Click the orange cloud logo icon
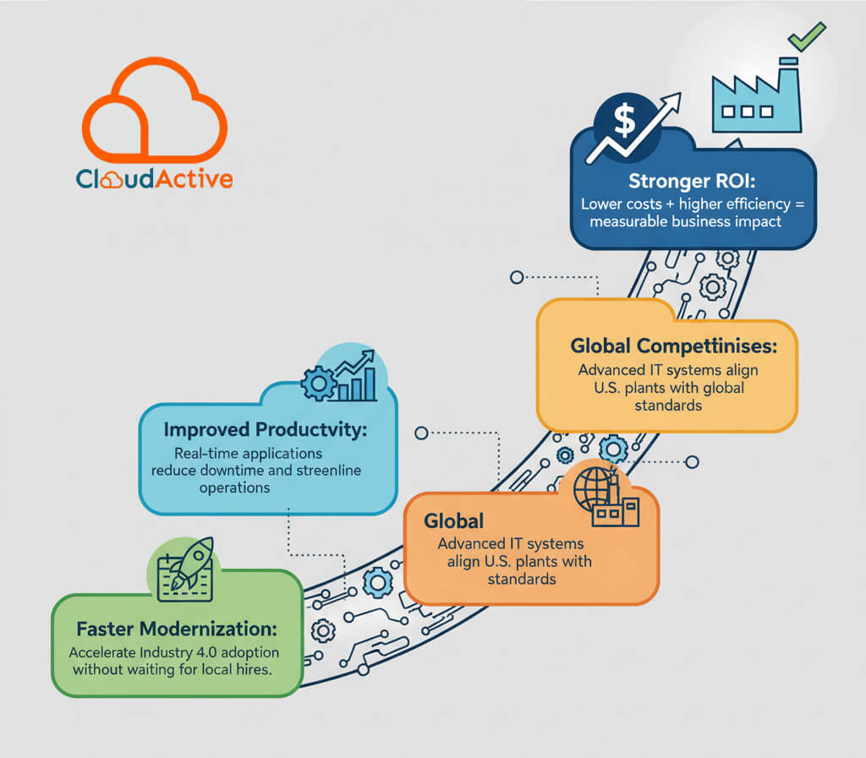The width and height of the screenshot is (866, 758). click(154, 114)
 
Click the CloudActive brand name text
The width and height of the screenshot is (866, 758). click(154, 179)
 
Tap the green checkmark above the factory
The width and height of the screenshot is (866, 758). click(807, 36)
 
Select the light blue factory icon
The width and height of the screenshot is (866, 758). click(754, 98)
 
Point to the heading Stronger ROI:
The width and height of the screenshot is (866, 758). click(693, 182)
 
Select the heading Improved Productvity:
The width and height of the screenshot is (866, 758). click(266, 429)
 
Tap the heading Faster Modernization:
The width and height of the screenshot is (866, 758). click(176, 630)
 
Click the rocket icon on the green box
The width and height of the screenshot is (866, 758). click(189, 565)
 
